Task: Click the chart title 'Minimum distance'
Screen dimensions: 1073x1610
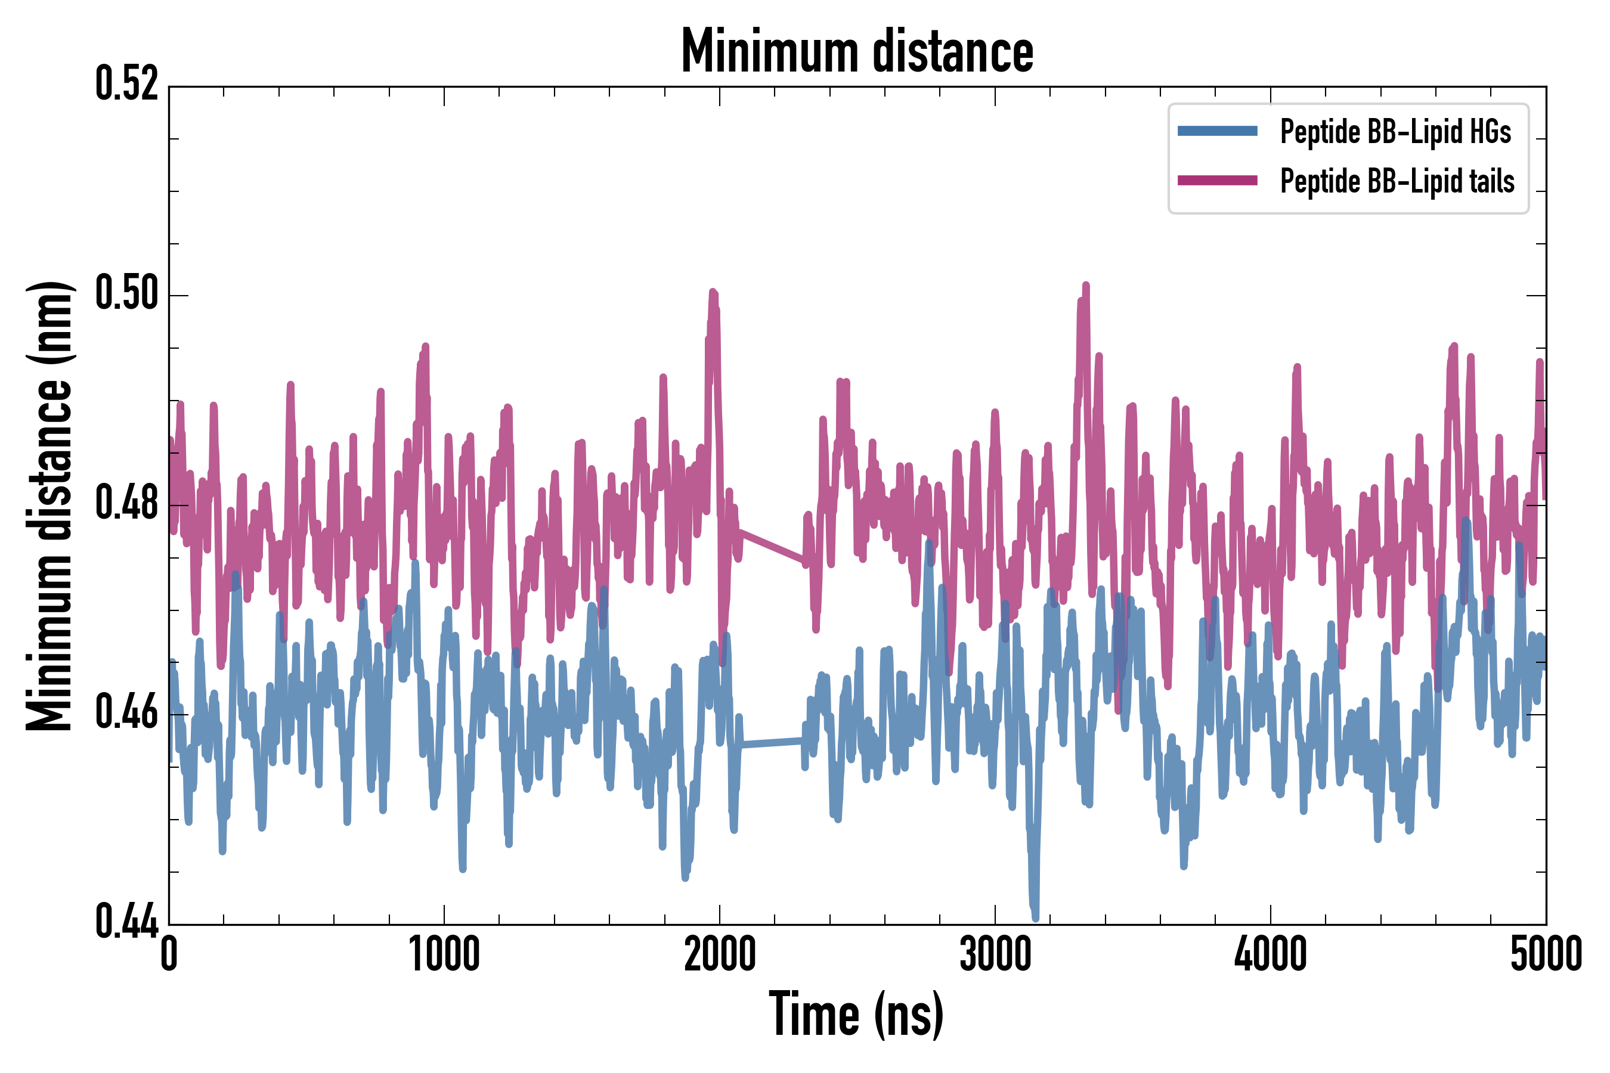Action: [x=857, y=51]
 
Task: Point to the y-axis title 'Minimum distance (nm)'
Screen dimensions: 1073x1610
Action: [x=49, y=506]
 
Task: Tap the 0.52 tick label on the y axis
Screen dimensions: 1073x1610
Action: [x=126, y=85]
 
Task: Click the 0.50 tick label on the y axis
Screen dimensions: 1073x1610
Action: [x=126, y=293]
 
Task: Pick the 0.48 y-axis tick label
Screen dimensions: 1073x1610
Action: [x=126, y=503]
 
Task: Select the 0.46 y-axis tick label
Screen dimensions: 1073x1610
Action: [x=126, y=712]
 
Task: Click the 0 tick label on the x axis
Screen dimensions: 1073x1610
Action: [x=169, y=954]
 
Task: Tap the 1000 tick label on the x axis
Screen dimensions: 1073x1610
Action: [x=444, y=954]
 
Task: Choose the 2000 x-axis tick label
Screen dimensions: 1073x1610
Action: [x=720, y=954]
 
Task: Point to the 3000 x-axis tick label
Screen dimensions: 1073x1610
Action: [x=995, y=954]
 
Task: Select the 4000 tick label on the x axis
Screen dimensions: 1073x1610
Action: [x=1271, y=954]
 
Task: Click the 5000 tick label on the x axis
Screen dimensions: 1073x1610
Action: [x=1546, y=954]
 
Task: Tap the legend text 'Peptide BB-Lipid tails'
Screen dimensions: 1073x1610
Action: [x=1397, y=181]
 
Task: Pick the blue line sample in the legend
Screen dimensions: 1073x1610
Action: [x=1217, y=131]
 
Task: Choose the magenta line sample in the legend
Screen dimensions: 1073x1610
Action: [x=1217, y=181]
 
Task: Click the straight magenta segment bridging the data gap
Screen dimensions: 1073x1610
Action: [x=772, y=546]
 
